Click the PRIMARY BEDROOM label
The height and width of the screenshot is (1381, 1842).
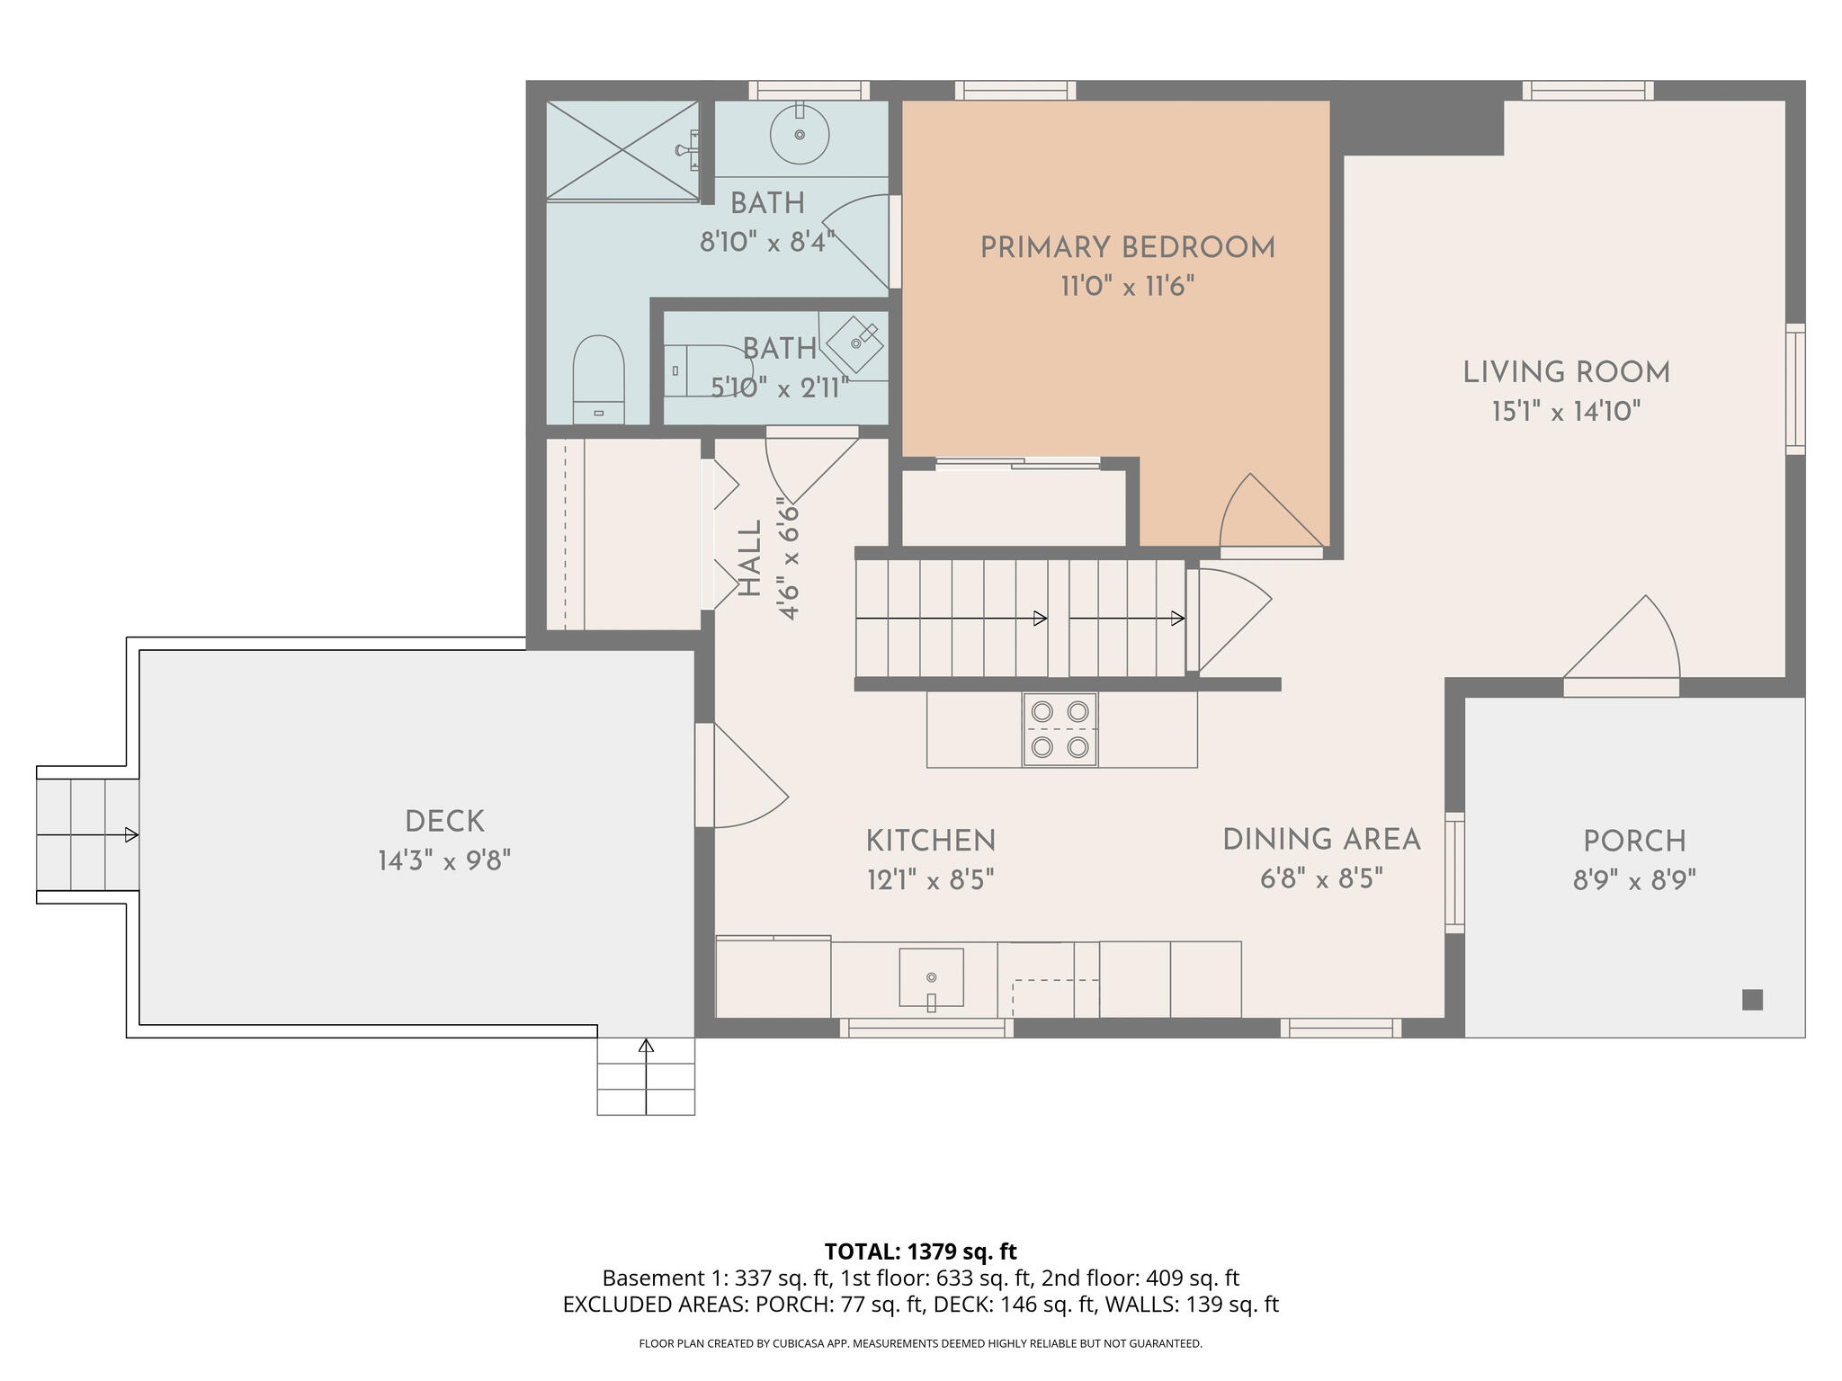tap(1127, 248)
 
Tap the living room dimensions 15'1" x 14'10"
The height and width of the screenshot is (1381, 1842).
tap(1566, 412)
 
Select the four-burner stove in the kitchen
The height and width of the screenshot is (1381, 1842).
tap(1060, 729)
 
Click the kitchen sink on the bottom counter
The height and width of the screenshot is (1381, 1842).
tap(931, 977)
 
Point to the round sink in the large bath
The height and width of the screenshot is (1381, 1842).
tap(800, 135)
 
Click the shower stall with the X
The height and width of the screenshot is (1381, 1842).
tap(622, 149)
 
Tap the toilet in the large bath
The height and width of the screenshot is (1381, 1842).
tap(598, 378)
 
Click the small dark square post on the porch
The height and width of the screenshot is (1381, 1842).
tap(1752, 1000)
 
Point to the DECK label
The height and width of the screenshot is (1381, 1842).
tap(444, 822)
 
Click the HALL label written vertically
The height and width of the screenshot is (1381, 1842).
tap(749, 558)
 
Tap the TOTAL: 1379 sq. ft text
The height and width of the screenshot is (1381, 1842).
tap(920, 1252)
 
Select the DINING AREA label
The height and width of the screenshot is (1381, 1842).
tap(1321, 840)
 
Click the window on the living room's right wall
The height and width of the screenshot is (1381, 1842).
tap(1794, 388)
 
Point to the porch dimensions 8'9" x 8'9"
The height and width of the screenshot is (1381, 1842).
tap(1634, 880)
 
